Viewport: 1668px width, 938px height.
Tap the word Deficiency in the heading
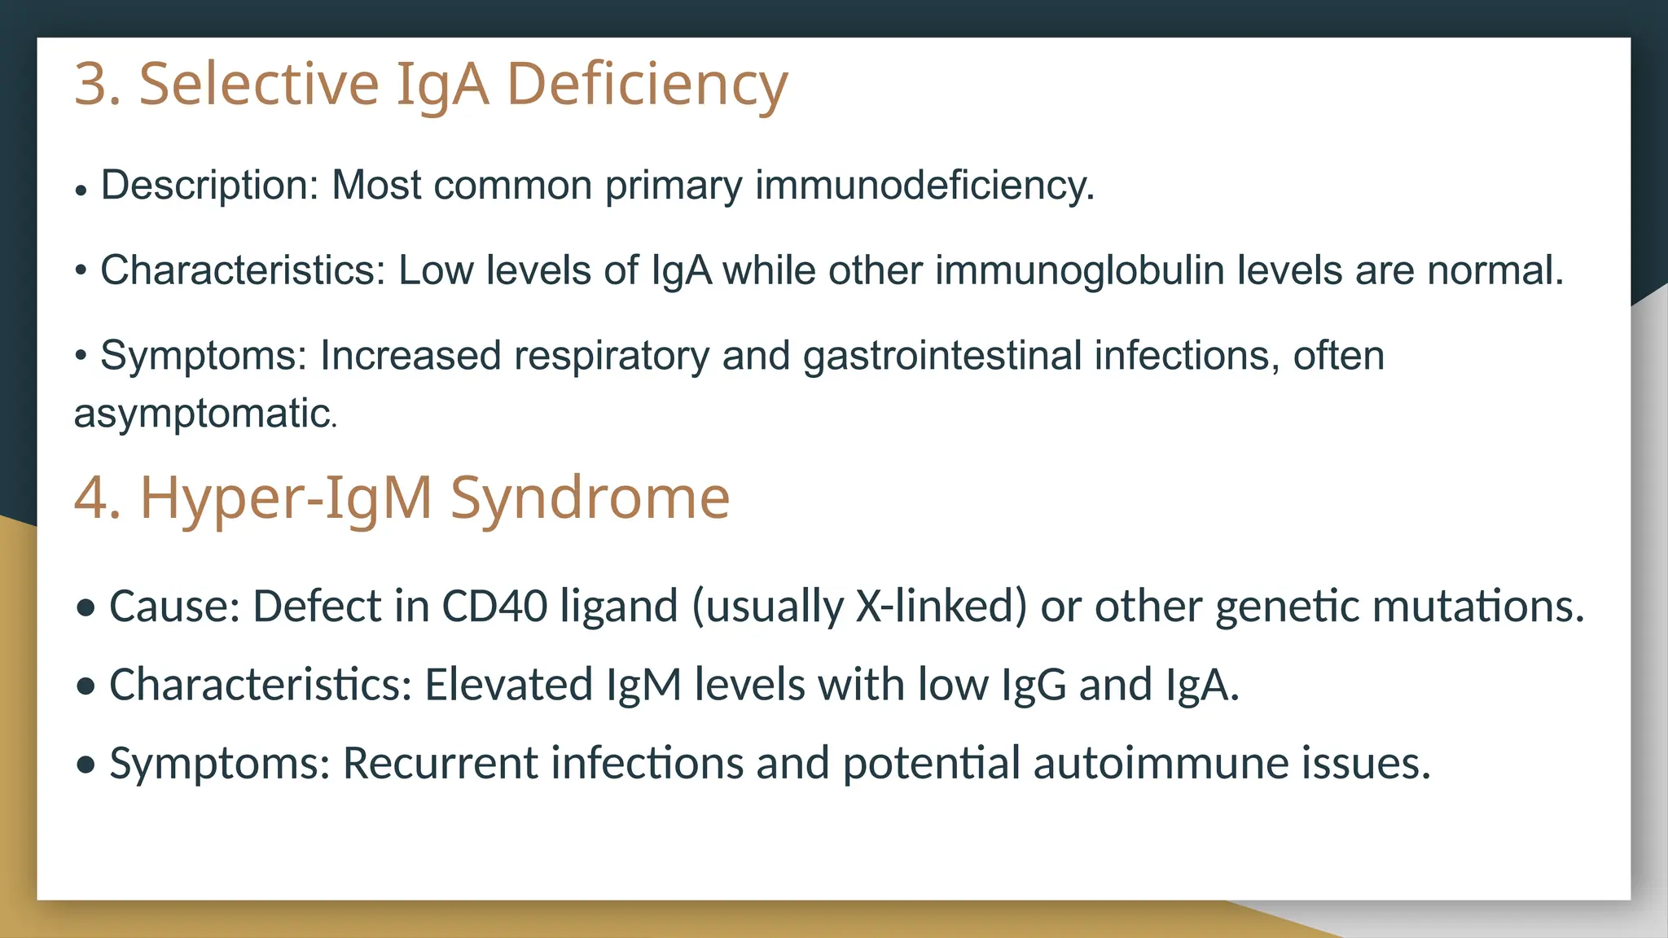click(647, 84)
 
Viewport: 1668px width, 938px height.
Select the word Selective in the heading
click(259, 84)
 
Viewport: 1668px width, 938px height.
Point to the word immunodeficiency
click(924, 186)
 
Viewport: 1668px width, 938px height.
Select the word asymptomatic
click(204, 414)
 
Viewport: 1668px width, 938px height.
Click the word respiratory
click(611, 357)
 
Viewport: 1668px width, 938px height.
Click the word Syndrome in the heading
click(590, 497)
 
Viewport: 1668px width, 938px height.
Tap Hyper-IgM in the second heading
click(286, 497)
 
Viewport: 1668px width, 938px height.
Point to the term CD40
click(494, 607)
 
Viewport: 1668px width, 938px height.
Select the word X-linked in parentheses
click(942, 607)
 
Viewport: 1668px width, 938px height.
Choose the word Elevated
click(508, 685)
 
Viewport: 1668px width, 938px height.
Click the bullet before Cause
click(86, 608)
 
